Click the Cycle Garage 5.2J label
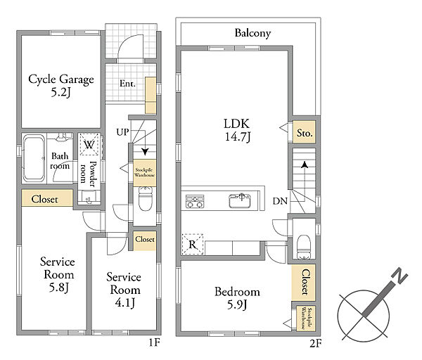click(x=61, y=85)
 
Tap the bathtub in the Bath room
click(x=34, y=158)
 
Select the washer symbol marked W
click(x=89, y=144)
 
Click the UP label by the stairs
click(x=122, y=132)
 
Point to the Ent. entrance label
click(x=127, y=84)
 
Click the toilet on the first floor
click(x=145, y=199)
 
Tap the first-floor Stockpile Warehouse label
click(x=145, y=172)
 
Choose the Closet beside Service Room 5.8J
click(x=47, y=198)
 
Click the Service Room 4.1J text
click(x=124, y=290)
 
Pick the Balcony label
click(x=252, y=33)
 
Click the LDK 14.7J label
click(x=237, y=130)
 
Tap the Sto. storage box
click(x=304, y=132)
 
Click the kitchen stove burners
click(x=195, y=201)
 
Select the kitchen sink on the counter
click(x=240, y=200)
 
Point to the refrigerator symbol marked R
click(x=193, y=244)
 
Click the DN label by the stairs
click(x=280, y=200)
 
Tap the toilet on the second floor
click(x=304, y=247)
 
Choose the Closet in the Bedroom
click(x=304, y=282)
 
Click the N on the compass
click(x=399, y=276)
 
